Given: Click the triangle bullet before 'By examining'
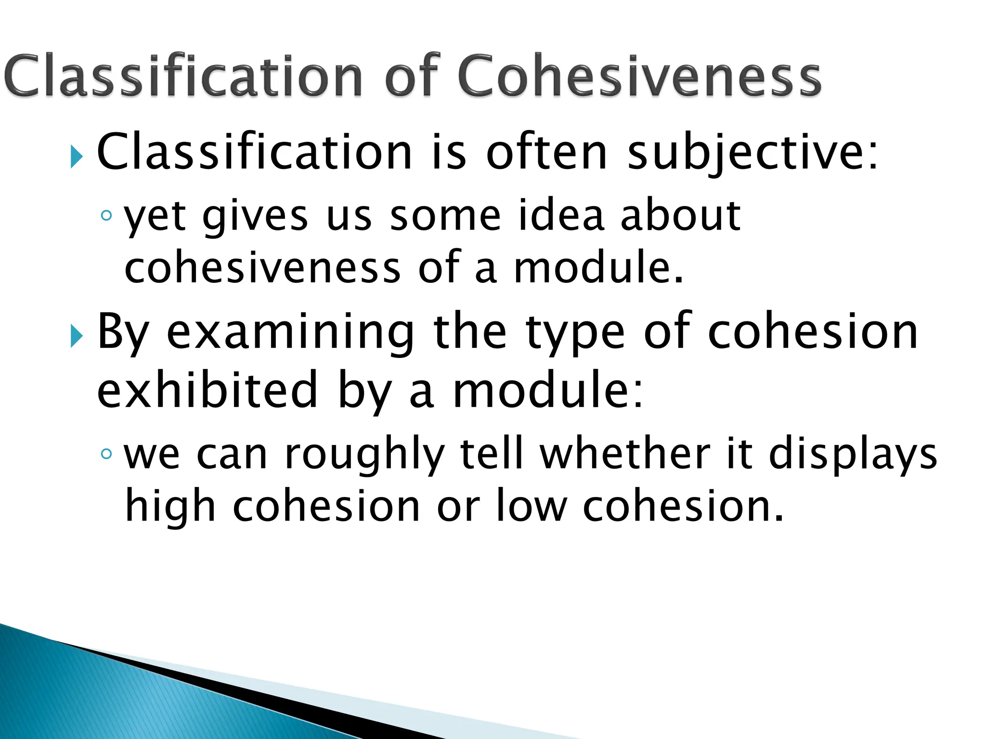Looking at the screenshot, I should click(x=77, y=335).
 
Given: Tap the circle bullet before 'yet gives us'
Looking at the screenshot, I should click(x=106, y=216).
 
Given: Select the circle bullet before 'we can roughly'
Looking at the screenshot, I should click(x=106, y=453).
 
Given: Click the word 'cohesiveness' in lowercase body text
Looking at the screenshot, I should click(x=262, y=267).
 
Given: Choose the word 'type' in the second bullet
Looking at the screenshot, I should click(x=575, y=333).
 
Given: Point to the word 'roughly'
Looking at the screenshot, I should click(x=363, y=455).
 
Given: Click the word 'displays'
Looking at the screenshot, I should click(x=853, y=455).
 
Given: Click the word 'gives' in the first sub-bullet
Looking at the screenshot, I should click(x=255, y=217).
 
